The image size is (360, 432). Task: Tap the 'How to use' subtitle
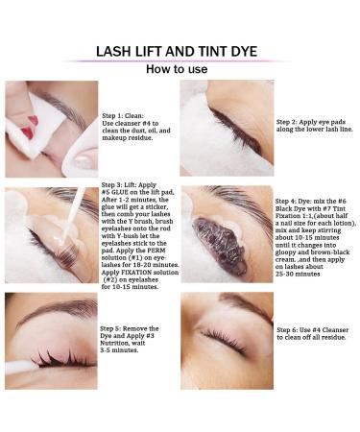point(177,69)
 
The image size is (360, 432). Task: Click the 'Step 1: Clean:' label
point(123,116)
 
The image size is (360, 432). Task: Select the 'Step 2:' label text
point(286,122)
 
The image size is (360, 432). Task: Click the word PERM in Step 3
point(156,251)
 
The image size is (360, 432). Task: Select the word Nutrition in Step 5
point(114,343)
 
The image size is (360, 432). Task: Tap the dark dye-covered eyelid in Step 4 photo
point(221,242)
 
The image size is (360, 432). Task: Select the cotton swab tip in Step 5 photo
point(20,367)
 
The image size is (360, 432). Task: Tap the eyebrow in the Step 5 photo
point(59,310)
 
